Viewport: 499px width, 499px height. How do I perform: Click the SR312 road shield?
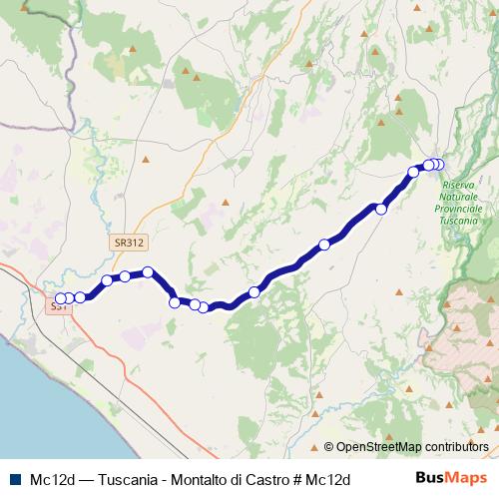point(130,242)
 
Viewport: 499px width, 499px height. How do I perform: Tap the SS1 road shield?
point(61,308)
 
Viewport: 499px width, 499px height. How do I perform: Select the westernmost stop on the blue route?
point(60,298)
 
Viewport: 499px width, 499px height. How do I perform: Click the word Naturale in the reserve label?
point(460,197)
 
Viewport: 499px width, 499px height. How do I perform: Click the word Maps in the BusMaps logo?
point(467,478)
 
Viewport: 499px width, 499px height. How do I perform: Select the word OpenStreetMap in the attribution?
point(378,447)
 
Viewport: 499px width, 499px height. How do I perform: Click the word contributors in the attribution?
point(456,447)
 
